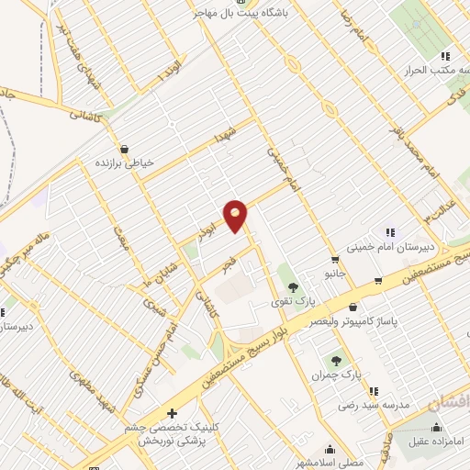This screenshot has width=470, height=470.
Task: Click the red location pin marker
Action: pos(236,215)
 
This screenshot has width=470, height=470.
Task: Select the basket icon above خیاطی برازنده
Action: pos(125,148)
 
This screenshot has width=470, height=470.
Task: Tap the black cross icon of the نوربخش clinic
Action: pos(172,414)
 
